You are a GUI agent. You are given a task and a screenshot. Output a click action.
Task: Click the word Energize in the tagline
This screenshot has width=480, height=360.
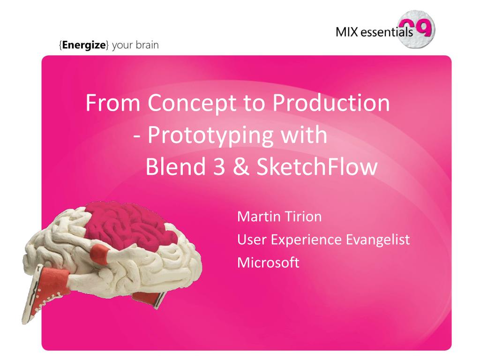(84, 45)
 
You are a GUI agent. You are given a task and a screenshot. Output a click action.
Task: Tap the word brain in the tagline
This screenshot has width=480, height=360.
(147, 45)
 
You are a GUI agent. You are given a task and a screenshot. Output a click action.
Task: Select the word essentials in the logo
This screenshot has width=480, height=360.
(387, 32)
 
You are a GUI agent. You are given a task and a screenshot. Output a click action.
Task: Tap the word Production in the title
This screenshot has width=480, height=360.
(331, 103)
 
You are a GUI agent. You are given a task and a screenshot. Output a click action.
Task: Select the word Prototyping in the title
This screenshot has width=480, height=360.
(210, 135)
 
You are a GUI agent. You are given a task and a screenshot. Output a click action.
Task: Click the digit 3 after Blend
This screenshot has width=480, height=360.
(219, 166)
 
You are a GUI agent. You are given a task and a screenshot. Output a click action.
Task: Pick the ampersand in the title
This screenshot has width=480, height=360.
(241, 166)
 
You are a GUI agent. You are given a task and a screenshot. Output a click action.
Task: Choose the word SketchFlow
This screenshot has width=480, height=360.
(316, 166)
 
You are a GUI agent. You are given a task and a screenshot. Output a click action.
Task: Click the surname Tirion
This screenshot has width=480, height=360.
(301, 217)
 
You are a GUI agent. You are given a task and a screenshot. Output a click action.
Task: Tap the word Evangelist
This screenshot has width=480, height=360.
(378, 240)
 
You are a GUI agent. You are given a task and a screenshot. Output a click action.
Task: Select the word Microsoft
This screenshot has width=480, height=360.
(268, 262)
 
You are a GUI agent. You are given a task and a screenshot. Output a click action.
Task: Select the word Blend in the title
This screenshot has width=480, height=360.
(176, 166)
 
